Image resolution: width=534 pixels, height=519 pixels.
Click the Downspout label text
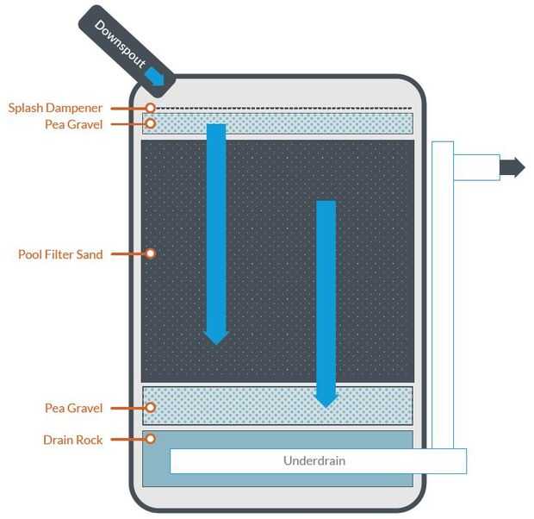point(120,44)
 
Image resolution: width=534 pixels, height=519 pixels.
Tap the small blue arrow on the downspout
point(155,76)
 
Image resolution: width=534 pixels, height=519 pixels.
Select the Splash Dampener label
point(55,108)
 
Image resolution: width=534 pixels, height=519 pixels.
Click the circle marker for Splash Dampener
point(150,108)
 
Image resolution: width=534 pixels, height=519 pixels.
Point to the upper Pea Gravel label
point(73,124)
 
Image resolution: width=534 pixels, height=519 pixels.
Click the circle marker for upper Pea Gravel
point(150,123)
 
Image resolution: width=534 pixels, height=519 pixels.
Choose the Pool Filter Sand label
point(60,254)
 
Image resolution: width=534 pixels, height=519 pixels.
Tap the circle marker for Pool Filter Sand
point(150,253)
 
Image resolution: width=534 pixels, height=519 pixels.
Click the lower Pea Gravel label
point(73,408)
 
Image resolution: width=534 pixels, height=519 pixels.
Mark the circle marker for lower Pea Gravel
point(150,408)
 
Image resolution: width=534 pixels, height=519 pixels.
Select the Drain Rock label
point(72,440)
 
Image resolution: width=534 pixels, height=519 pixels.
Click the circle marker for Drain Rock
point(150,439)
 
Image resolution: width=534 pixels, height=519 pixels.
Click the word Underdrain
point(314,461)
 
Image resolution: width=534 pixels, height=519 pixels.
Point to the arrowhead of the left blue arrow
point(216,338)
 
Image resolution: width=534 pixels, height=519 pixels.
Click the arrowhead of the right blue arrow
point(326,402)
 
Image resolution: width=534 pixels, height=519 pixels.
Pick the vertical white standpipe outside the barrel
point(443,295)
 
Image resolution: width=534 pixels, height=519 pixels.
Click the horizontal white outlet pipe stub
point(477,167)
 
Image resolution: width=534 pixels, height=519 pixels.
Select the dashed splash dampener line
point(284,109)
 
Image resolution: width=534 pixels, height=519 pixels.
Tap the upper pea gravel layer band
point(277,123)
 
